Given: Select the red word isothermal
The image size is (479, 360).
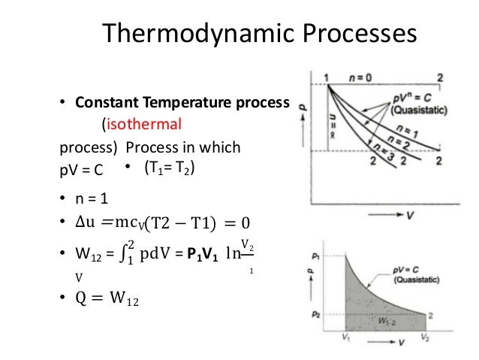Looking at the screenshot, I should [143, 121].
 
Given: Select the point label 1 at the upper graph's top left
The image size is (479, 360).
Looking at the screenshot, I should [327, 78].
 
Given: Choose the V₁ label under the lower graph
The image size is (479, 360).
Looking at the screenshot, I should [345, 337].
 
